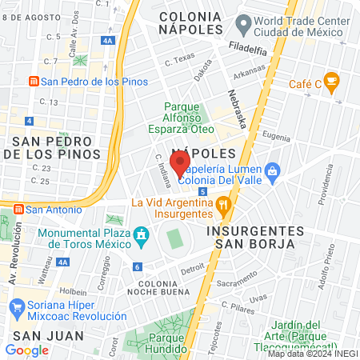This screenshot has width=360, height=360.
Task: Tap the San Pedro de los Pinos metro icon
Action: (x=34, y=81)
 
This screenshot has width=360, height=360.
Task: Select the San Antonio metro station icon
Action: (x=18, y=209)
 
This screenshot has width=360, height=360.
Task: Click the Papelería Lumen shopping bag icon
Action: (x=273, y=170)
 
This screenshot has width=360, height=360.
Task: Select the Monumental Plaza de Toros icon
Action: (x=142, y=234)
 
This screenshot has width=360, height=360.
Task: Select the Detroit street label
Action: (x=192, y=269)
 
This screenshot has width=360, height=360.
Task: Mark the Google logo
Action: (x=27, y=350)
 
